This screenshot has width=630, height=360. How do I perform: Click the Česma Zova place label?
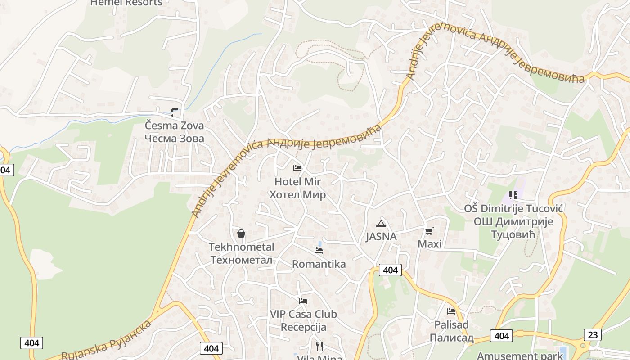coord(174,126)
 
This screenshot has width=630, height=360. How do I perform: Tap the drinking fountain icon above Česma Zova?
coord(175,112)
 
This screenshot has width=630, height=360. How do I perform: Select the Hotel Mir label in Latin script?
coord(297,182)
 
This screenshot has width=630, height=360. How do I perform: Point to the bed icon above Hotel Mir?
coord(297,168)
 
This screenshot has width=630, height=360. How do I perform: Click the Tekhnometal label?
coord(241,247)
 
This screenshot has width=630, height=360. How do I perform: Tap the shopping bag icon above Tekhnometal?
coord(241,234)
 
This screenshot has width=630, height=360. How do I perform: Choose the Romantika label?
coord(319,264)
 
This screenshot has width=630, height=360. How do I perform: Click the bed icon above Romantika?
coord(319,251)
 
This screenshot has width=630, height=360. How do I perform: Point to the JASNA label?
coord(381,237)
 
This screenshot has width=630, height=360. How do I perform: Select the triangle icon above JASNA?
coord(381,224)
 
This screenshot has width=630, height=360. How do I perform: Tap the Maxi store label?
coord(429,244)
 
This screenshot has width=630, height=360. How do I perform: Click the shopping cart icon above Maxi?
coord(429,231)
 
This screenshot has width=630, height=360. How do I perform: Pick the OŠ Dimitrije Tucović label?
coord(513,209)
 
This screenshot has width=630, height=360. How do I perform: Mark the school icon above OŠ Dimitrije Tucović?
coord(513,195)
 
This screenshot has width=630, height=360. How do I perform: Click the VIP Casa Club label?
coord(303,314)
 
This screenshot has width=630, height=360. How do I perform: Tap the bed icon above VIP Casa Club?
coord(303,301)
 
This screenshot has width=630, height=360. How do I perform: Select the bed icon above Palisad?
coord(451,311)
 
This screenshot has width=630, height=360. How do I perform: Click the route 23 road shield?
coord(592,335)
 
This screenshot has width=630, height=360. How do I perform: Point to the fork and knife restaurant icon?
coord(319,346)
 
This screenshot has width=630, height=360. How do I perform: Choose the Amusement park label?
coord(519,355)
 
